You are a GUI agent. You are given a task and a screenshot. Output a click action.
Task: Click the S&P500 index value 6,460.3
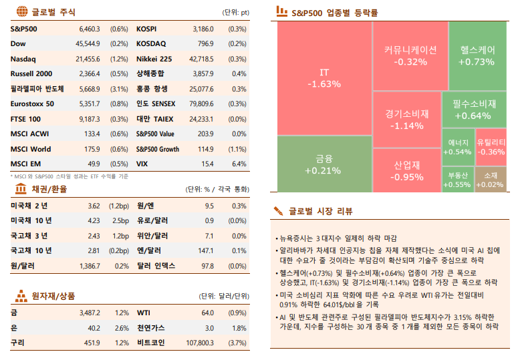(x=89, y=29)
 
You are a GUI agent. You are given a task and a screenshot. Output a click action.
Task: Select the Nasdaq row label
(x=23, y=59)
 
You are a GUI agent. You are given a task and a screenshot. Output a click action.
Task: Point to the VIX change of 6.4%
(x=239, y=164)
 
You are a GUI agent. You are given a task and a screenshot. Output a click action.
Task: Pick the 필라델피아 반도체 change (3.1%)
(x=119, y=89)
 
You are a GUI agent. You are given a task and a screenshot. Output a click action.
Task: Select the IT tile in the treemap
(x=324, y=78)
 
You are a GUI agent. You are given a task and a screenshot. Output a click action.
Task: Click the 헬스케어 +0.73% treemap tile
(x=477, y=55)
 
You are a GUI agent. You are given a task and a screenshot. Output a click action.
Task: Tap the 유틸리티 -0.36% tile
(x=491, y=147)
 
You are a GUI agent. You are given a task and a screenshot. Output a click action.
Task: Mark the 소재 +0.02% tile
(x=491, y=180)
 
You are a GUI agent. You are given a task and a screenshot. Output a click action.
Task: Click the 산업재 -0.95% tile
(x=406, y=171)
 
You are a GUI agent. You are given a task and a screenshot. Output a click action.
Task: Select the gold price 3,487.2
(x=89, y=313)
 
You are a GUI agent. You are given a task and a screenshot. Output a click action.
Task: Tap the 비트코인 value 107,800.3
(x=200, y=343)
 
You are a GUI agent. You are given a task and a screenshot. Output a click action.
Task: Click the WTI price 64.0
(x=207, y=313)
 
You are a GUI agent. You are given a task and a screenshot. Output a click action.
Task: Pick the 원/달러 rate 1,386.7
(x=88, y=266)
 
